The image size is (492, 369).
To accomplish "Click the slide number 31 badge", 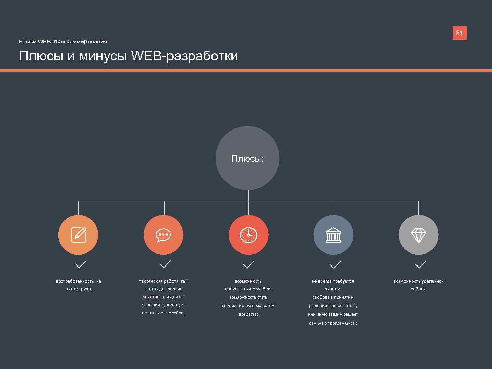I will coord(459,33).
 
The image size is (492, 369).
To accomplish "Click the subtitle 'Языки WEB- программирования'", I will coord(63,42).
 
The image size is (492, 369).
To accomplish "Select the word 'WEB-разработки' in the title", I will coord(184,56).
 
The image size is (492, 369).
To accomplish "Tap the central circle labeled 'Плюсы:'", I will coord(247,158).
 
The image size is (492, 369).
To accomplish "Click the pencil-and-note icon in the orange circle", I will coord(78,235).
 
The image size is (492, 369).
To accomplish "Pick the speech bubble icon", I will coord(163,235).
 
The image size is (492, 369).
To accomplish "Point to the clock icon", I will coord(248,235).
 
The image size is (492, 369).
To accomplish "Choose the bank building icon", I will coord(333,235).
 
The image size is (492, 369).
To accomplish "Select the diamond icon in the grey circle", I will coord(418,235).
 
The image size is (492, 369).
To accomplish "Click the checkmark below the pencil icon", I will coord(80,264).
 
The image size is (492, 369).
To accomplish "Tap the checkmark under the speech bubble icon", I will coord(165,264).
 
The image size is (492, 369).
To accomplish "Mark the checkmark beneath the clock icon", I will coord(248,264).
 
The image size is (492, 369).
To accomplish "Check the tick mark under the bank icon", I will coord(335,264).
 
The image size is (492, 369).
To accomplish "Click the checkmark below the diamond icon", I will coord(420,264).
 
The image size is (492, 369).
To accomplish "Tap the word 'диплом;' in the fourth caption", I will coord(333,289).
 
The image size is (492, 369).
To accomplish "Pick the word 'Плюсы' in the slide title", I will coord(41,56).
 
